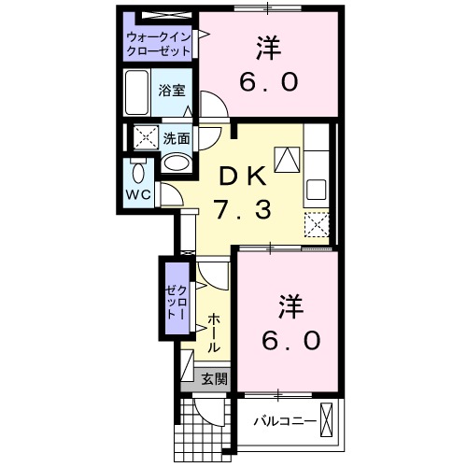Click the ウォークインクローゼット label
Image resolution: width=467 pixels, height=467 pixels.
pos(159,43)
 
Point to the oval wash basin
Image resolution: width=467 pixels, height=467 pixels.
pos(175,163)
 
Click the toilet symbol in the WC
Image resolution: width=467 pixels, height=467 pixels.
pos(138,173)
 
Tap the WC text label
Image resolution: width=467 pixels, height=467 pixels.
pos(138,195)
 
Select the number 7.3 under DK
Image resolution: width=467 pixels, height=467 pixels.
pos(242,209)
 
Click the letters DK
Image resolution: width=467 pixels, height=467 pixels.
pos(243,175)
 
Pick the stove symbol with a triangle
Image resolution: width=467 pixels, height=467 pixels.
pos(286,158)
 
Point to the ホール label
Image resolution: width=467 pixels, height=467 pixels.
pos(213,332)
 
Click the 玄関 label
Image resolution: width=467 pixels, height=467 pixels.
pos(214,378)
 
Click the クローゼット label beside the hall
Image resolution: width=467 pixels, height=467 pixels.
pos(175,302)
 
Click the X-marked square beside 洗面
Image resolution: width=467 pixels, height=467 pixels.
pos(146,137)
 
